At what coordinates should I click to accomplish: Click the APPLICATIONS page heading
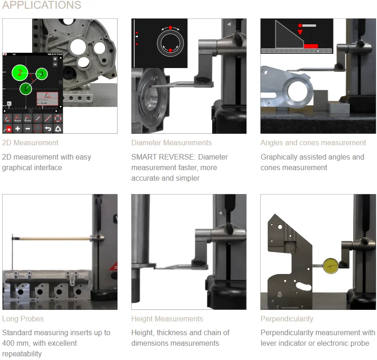(42, 5)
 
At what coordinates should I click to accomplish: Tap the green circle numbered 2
(20, 73)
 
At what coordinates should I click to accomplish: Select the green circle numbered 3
(42, 74)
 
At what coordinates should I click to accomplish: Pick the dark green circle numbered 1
(26, 89)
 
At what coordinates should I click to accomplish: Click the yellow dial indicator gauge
(331, 266)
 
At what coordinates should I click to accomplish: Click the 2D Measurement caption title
(30, 143)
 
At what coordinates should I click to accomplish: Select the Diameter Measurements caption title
(171, 143)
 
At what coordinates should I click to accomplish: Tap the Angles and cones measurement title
(313, 143)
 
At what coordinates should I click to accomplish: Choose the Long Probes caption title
(23, 319)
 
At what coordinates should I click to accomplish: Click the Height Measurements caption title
(167, 319)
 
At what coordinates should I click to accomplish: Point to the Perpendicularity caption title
(287, 319)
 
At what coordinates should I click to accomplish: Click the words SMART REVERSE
(163, 157)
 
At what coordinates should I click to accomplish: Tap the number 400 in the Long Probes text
(8, 343)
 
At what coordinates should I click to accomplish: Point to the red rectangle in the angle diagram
(311, 46)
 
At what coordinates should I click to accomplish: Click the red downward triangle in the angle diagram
(300, 32)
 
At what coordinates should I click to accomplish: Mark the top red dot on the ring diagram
(170, 28)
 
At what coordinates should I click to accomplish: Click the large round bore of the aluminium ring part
(297, 92)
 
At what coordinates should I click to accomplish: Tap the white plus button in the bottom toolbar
(17, 129)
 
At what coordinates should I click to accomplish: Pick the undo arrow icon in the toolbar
(48, 129)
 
